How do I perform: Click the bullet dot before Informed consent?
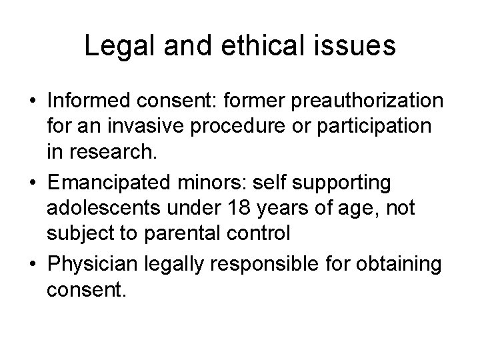[x=32, y=103]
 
